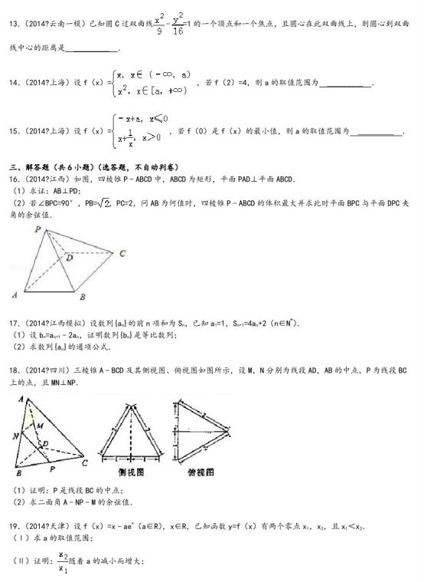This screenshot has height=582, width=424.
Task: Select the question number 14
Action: click(x=13, y=83)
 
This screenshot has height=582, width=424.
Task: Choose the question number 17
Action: click(x=13, y=324)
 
